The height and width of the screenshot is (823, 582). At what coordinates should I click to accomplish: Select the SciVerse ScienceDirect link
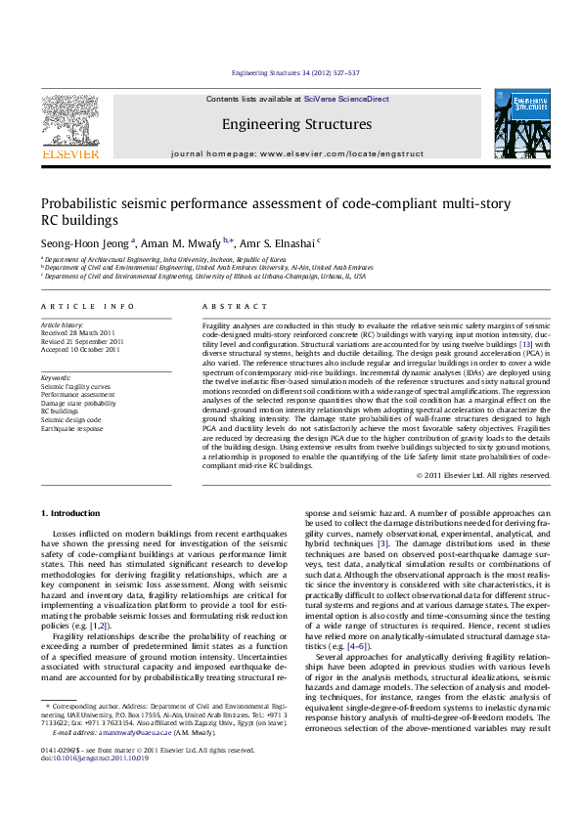[x=346, y=100]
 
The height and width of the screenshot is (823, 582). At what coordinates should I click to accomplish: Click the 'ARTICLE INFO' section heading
[x=81, y=306]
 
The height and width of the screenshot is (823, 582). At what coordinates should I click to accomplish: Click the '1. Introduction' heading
[x=76, y=513]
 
